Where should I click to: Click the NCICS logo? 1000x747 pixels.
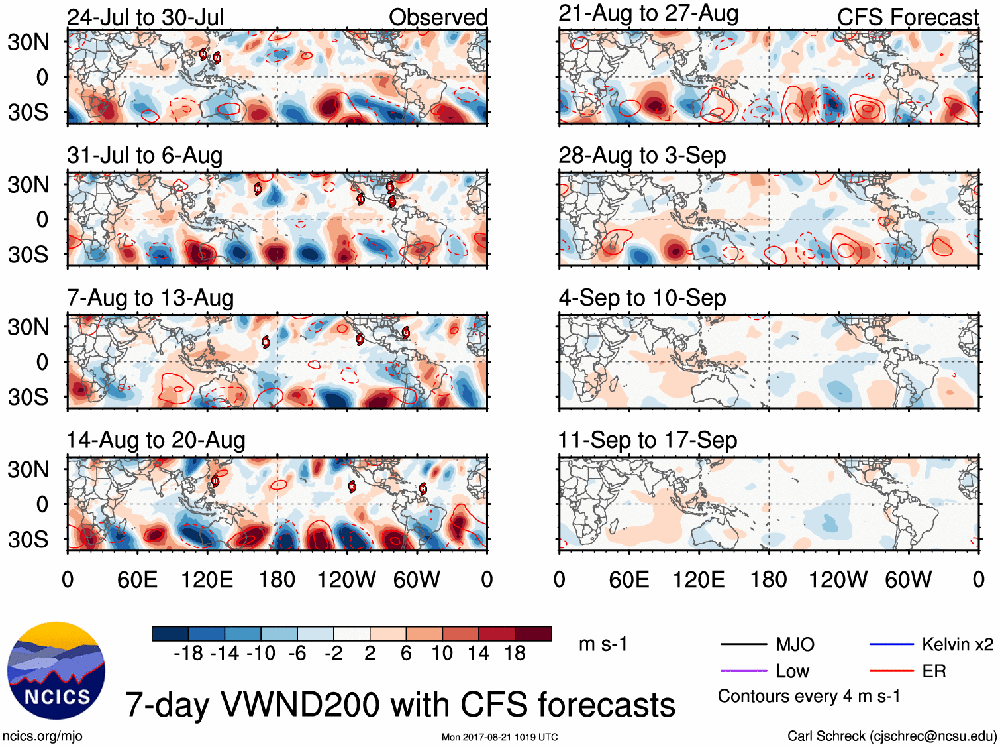click(56, 671)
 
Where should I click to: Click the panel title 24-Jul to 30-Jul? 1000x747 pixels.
click(146, 17)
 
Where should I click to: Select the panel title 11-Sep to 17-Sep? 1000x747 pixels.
click(647, 440)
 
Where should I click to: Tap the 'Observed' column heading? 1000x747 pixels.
click(438, 17)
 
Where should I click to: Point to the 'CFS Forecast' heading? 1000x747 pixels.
click(907, 17)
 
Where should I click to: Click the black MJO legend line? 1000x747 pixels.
click(744, 644)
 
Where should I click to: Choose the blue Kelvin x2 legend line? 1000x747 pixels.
click(891, 644)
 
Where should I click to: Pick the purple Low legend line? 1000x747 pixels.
click(744, 671)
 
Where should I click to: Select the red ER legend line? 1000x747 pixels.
click(891, 671)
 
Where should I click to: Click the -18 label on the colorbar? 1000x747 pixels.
click(189, 654)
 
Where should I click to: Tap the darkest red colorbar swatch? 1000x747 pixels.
click(533, 634)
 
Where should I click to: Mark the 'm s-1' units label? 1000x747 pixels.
click(603, 644)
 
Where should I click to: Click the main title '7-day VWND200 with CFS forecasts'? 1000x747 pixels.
click(400, 704)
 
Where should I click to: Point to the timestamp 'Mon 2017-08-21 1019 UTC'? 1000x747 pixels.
click(499, 737)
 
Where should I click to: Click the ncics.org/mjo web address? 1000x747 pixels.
click(42, 736)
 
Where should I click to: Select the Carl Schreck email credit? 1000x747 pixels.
click(891, 736)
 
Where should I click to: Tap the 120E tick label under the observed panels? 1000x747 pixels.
click(207, 580)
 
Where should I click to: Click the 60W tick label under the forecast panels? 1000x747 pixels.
click(908, 580)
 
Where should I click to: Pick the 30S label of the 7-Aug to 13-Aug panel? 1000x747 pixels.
click(28, 397)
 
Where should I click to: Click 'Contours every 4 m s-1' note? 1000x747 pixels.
click(809, 697)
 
